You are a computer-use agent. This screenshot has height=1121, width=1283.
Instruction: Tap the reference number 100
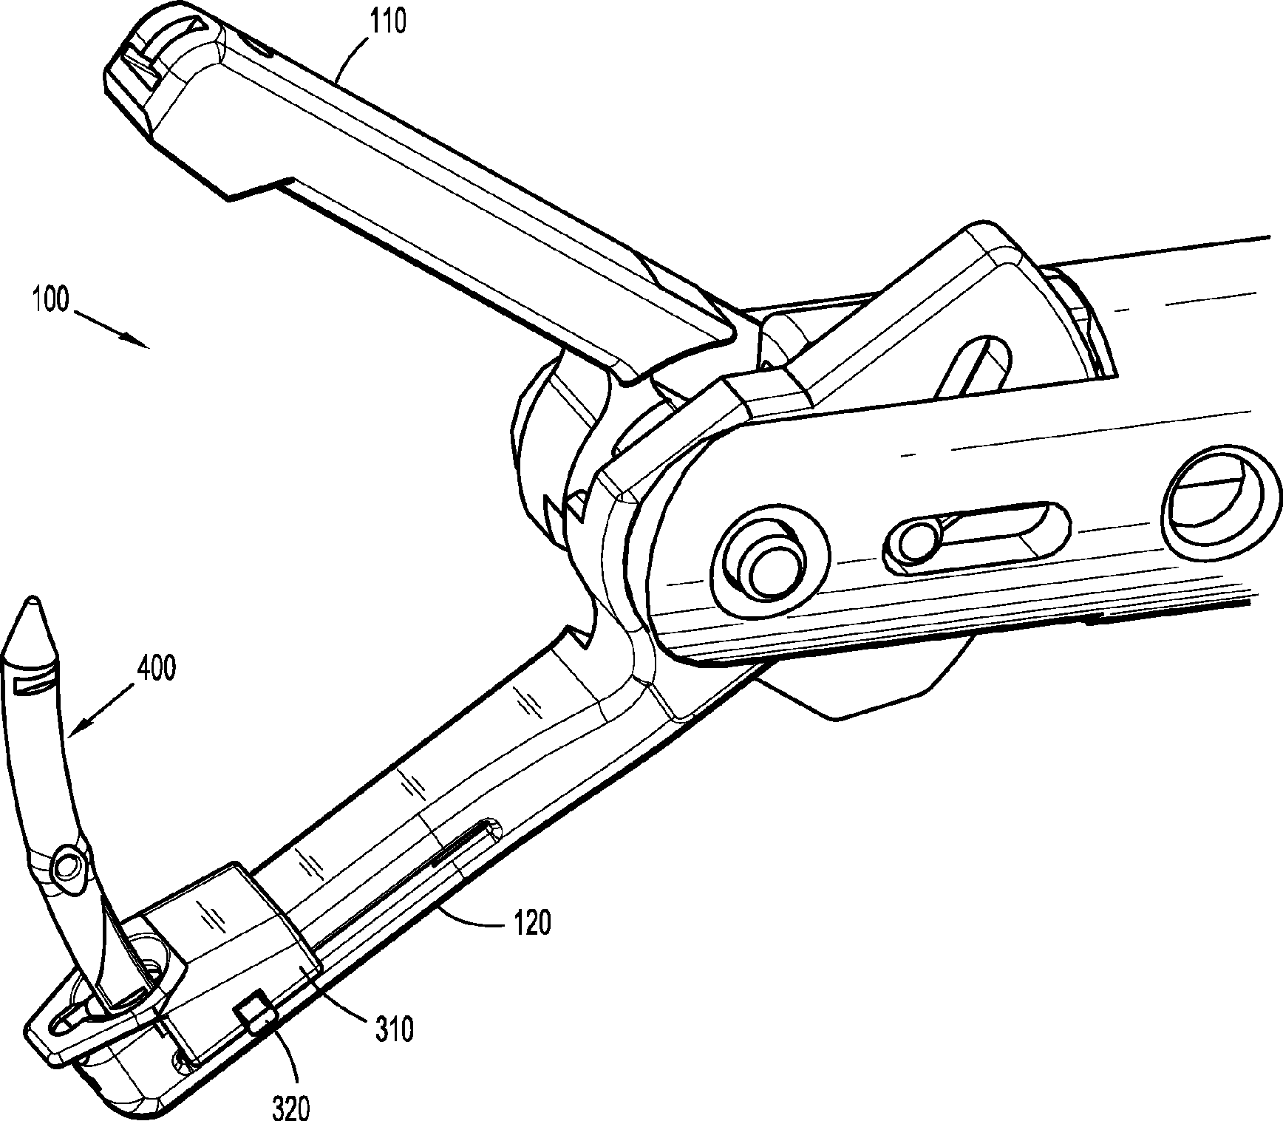[50, 301]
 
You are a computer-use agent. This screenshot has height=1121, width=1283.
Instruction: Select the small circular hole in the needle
[69, 862]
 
